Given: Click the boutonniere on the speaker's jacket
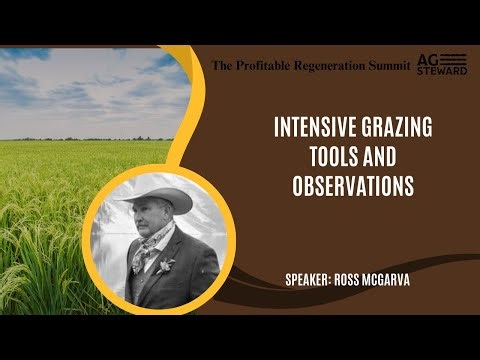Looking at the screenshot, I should pos(167,265).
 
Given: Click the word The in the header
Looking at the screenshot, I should pos(222,65).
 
